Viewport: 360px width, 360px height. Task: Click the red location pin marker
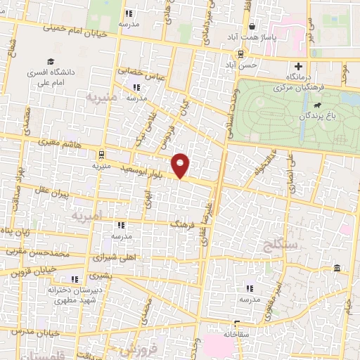[181, 165]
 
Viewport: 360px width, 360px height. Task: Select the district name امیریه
[86, 217]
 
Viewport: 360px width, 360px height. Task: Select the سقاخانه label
[235, 335]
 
